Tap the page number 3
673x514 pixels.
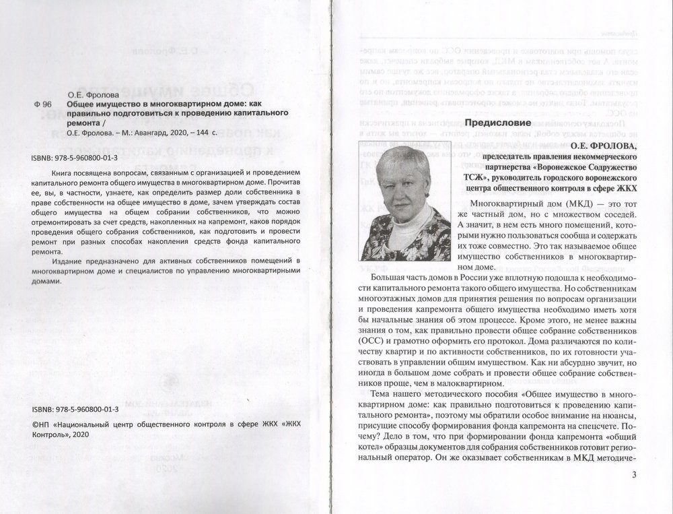tap(634, 474)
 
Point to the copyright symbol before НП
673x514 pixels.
tap(36, 426)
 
